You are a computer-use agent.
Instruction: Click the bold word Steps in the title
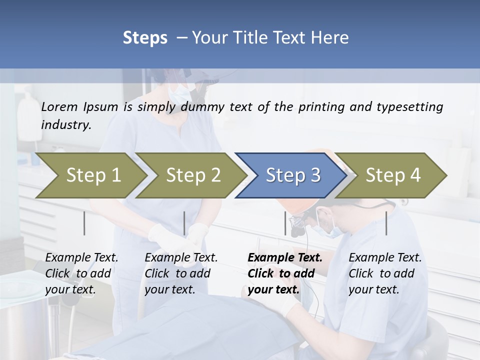tap(145, 37)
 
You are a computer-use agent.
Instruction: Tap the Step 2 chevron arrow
tap(192, 175)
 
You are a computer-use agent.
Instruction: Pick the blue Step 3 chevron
tap(292, 175)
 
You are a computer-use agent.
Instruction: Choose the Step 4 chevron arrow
tap(392, 175)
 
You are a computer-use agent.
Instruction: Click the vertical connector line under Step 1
tap(84, 223)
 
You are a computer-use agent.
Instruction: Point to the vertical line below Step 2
tap(184, 223)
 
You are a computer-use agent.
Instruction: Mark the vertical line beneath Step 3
tap(285, 223)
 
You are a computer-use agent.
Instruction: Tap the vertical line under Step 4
tap(386, 223)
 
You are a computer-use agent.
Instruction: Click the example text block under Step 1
tap(81, 273)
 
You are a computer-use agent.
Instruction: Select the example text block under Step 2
tap(181, 273)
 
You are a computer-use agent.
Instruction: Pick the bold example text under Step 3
tap(284, 273)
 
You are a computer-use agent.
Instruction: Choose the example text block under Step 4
tap(385, 273)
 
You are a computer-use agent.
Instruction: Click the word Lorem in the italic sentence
tap(59, 107)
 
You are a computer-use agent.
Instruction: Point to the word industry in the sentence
tap(65, 125)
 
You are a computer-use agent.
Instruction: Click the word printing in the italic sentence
tap(322, 107)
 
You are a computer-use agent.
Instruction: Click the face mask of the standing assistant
tap(180, 93)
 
